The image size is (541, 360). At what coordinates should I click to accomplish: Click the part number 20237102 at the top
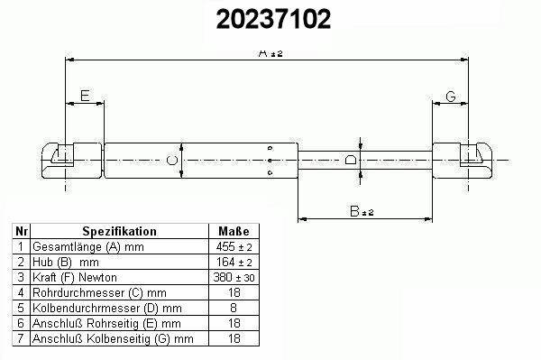click(273, 19)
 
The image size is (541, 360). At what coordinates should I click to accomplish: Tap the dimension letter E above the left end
click(85, 96)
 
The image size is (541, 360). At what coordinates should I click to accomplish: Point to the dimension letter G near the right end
click(451, 97)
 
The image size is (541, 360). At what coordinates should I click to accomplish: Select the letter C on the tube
click(172, 161)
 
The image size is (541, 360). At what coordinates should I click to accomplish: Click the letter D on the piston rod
click(351, 160)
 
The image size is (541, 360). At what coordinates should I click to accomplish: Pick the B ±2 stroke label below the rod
click(362, 211)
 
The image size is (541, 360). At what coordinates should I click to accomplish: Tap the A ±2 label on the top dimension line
click(270, 53)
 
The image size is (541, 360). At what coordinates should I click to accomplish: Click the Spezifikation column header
click(119, 231)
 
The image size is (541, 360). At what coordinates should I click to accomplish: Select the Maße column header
click(234, 231)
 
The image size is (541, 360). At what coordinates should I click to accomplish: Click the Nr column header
click(22, 231)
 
